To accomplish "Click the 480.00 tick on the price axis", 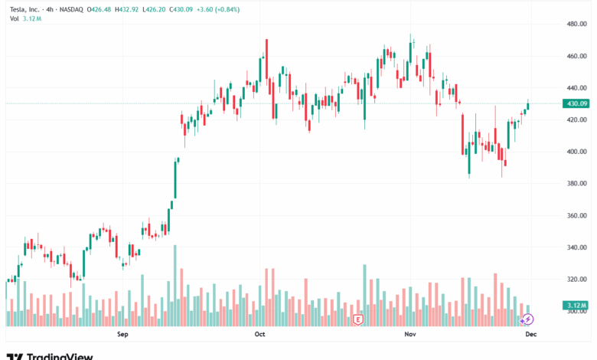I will point(576,25).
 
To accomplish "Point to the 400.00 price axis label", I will point(576,152).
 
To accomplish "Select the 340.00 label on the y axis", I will point(576,247).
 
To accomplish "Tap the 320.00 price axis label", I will point(576,280).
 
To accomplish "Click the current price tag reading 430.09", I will point(576,103).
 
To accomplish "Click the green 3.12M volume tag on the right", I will point(576,306).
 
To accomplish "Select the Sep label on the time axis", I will point(122,335).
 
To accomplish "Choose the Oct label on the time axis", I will point(259,335).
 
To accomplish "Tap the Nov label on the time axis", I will point(409,335).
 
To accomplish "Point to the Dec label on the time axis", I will point(529,335).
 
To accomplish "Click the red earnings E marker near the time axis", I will point(357,319).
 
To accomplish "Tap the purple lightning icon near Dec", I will point(527,318).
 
